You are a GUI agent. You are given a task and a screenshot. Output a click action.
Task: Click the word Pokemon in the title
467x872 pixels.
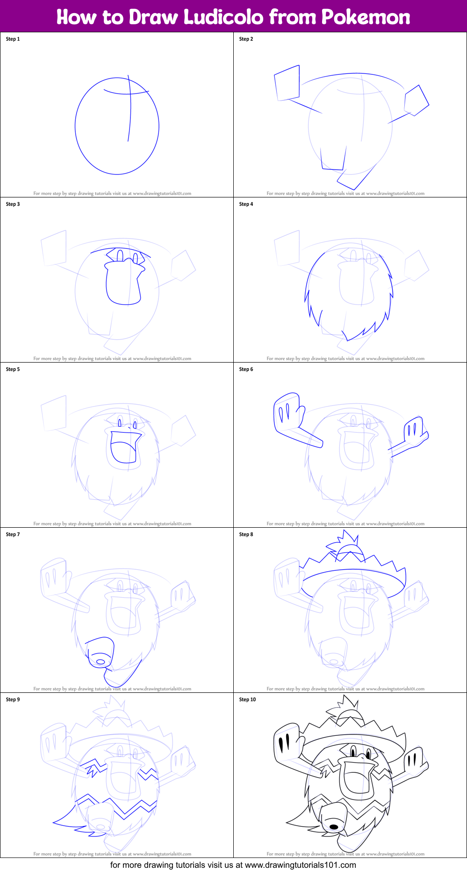pyautogui.click(x=366, y=17)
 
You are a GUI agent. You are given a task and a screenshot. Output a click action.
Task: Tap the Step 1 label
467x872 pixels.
pyautogui.click(x=13, y=39)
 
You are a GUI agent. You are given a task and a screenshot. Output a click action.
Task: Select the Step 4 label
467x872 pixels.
pyautogui.click(x=246, y=204)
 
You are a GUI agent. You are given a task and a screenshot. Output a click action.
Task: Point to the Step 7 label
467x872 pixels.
pyautogui.click(x=13, y=534)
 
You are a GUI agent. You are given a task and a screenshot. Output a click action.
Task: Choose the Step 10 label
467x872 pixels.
pyautogui.click(x=247, y=699)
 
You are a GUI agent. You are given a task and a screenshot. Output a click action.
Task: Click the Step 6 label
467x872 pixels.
pyautogui.click(x=246, y=369)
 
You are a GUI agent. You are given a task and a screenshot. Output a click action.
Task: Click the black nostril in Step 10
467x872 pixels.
pyautogui.click(x=334, y=827)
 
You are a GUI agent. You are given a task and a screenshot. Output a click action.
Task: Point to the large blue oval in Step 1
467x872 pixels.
pyautogui.click(x=75, y=126)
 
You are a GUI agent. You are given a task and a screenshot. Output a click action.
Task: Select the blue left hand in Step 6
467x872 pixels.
pyautogui.click(x=287, y=412)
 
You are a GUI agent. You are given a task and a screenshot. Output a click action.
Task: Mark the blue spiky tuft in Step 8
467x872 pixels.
pyautogui.click(x=345, y=545)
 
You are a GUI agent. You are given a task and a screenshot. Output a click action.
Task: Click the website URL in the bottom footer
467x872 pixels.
pyautogui.click(x=300, y=865)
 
